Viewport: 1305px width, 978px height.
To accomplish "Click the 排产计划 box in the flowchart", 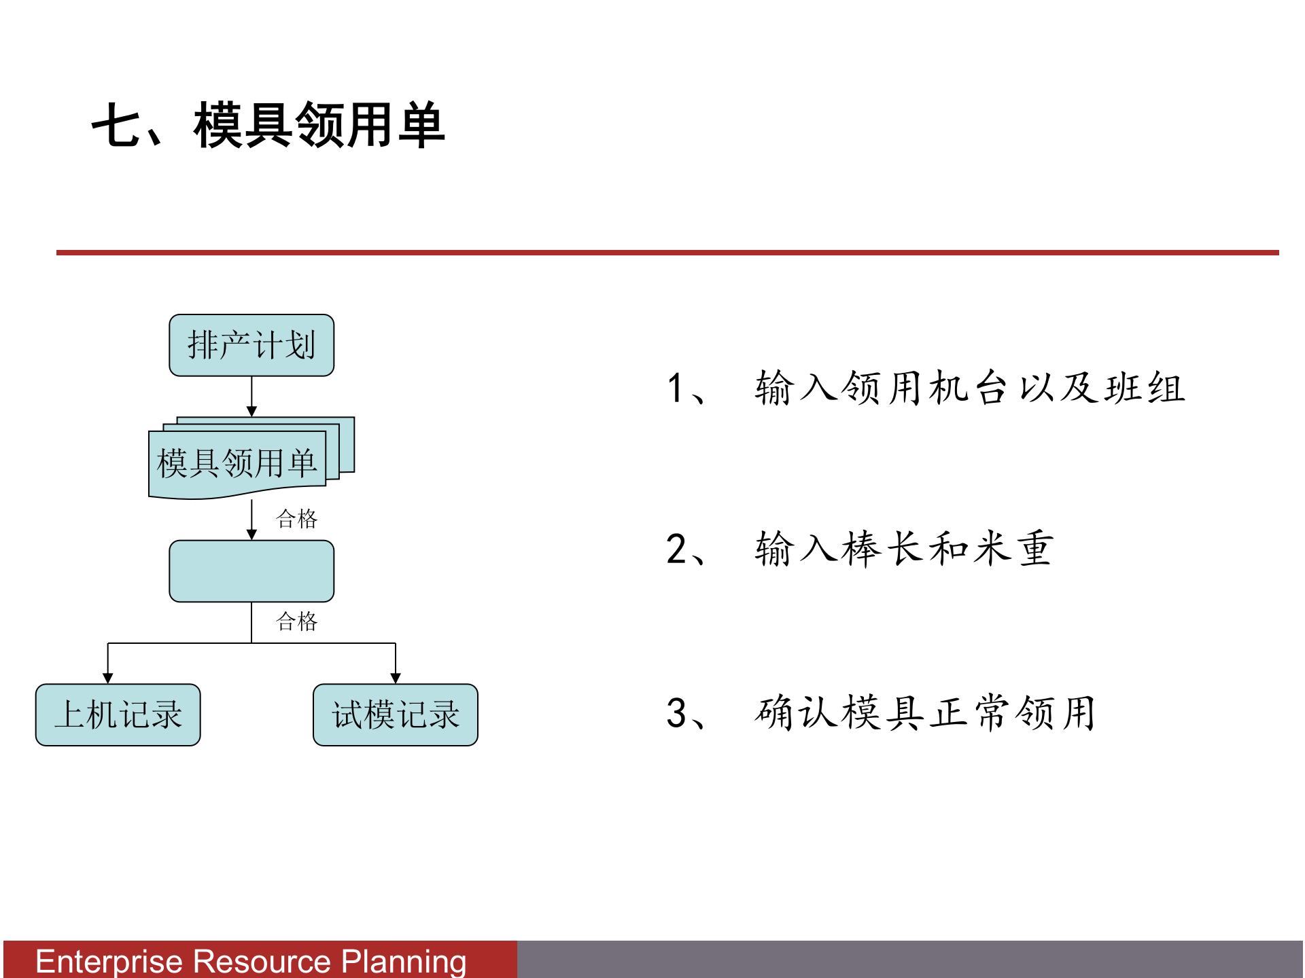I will [x=251, y=345].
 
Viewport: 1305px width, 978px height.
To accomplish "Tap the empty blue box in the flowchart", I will [x=251, y=571].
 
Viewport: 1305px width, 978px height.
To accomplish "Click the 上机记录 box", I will [x=118, y=715].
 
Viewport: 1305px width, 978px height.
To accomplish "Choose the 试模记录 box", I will [x=396, y=715].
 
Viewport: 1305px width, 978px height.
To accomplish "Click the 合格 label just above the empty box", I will [x=296, y=519].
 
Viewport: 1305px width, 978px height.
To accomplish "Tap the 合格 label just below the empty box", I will [x=296, y=621].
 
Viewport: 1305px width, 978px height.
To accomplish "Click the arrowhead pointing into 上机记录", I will [x=107, y=678].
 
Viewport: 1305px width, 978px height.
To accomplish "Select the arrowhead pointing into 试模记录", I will [x=396, y=678].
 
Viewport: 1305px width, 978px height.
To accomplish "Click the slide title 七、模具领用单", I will [x=268, y=126].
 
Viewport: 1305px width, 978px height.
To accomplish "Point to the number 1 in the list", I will [x=675, y=388].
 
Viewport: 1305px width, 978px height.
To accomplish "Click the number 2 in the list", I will [x=676, y=549].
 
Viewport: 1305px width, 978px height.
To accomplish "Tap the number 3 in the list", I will [x=676, y=713].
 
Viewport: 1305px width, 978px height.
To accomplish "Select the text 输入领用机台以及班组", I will [x=970, y=388].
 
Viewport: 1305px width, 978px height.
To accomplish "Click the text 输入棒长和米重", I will [x=904, y=549].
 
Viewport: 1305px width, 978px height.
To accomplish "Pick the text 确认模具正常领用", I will [x=924, y=713].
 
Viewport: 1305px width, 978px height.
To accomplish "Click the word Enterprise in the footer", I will [x=109, y=962].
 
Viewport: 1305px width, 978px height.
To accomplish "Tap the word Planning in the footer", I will [x=404, y=962].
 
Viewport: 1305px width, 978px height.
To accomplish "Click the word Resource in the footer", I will [x=262, y=962].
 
